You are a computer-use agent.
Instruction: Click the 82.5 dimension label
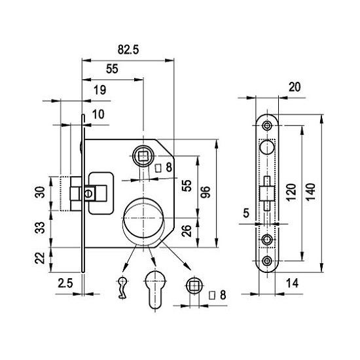128,49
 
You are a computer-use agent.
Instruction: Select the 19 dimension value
100,90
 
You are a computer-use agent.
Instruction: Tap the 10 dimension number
98,114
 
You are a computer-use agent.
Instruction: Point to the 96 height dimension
206,192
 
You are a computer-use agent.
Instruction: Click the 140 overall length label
311,192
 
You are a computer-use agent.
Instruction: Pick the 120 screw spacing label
291,192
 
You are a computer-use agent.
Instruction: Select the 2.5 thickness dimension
65,283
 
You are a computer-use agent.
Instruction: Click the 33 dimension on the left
40,228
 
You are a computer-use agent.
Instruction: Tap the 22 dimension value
40,258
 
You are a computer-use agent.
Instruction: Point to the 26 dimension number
187,231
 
